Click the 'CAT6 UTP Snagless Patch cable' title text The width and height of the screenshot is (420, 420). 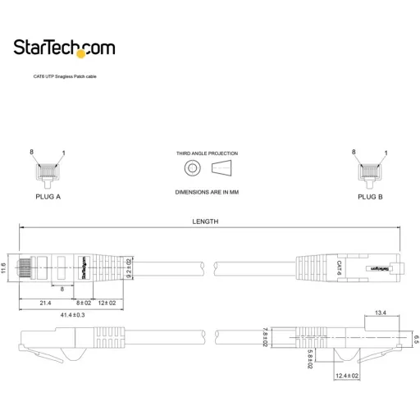(65, 75)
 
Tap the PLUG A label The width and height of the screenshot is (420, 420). (48, 197)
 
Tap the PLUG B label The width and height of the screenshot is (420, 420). (370, 197)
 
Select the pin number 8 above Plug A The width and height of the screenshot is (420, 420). (31, 153)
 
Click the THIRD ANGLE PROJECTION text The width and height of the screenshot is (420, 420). (207, 153)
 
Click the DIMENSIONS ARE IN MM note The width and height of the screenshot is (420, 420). (207, 192)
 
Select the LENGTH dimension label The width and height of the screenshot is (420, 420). (205, 221)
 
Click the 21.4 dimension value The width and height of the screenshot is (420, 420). (46, 303)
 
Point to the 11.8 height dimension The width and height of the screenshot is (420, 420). (4, 268)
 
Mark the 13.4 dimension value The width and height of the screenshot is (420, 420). (381, 313)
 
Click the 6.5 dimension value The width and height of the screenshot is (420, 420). (416, 338)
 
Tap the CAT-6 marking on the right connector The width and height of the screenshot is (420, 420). (339, 267)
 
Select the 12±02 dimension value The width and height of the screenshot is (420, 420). (107, 303)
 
